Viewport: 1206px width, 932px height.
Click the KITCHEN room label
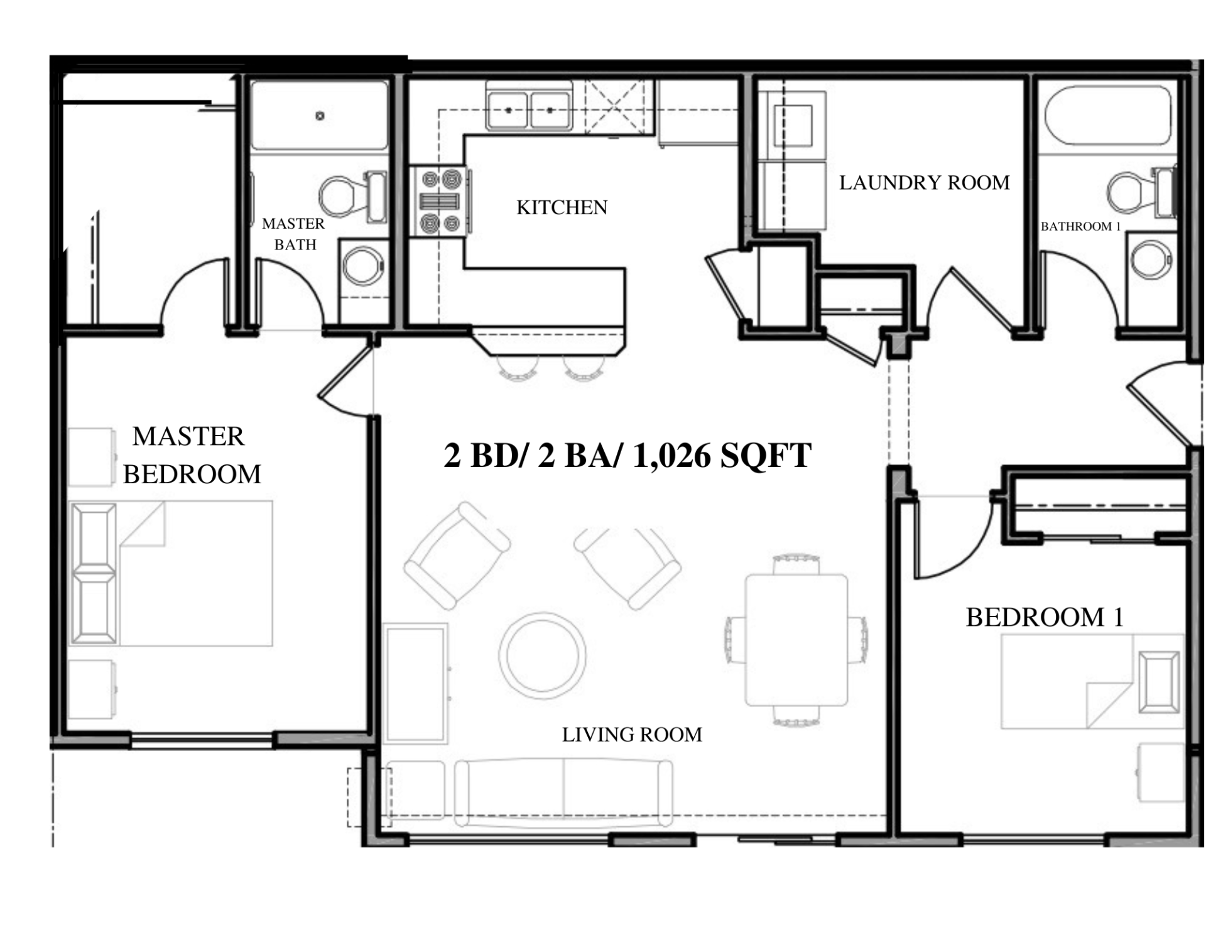562,207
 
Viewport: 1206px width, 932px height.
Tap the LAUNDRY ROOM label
924,183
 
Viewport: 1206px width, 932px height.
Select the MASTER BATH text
293,234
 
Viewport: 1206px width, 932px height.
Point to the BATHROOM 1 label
1080,226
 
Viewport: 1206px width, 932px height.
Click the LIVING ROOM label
632,735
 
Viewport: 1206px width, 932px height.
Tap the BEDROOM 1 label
1045,617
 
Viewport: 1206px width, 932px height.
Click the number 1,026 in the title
671,456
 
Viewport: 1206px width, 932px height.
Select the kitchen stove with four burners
440,201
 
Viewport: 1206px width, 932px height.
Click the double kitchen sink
529,111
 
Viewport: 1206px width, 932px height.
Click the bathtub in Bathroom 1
1108,116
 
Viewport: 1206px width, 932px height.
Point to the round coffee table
543,655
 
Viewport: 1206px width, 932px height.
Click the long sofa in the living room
563,793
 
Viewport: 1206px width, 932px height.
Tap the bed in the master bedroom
171,573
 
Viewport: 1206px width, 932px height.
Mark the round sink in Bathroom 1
1151,260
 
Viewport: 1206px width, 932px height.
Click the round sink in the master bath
363,265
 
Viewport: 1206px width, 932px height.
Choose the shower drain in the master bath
320,116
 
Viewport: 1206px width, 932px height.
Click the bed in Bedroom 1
1092,681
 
